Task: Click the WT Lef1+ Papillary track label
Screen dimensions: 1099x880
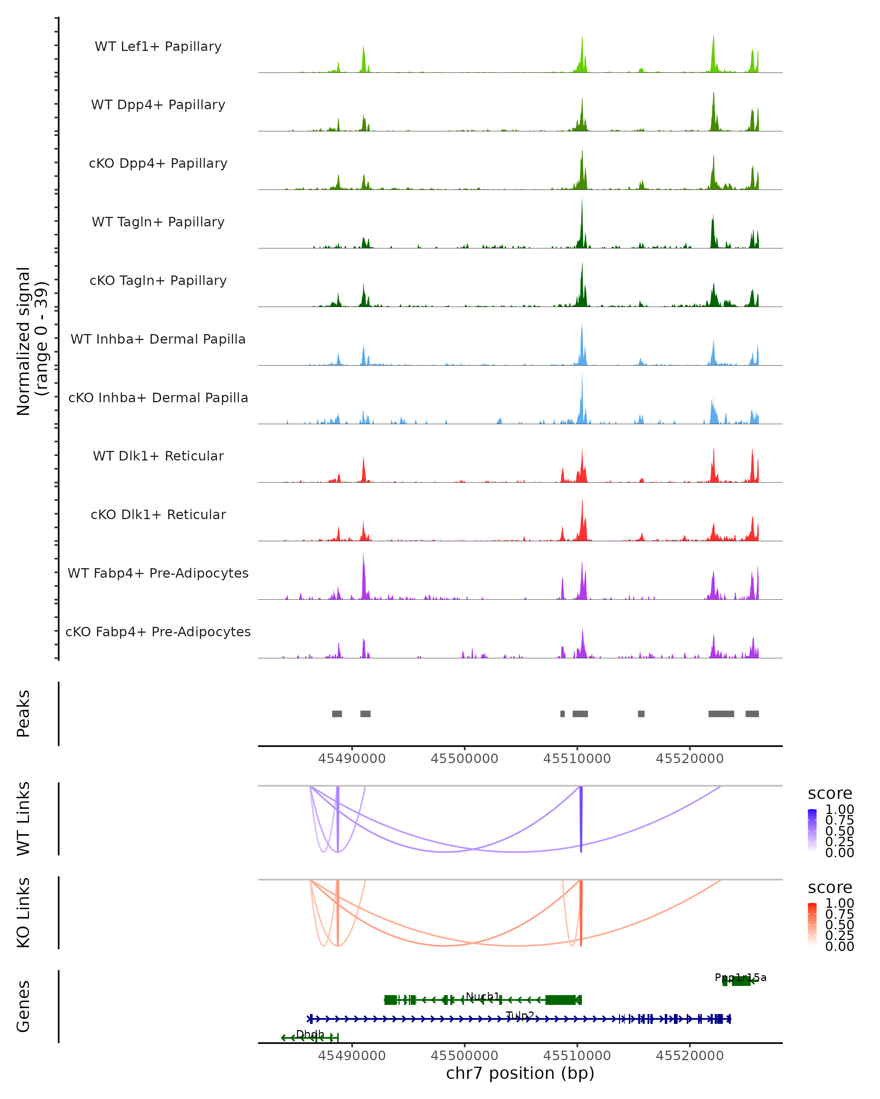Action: pyautogui.click(x=158, y=47)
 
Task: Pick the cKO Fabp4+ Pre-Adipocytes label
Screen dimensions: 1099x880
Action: pyautogui.click(x=158, y=632)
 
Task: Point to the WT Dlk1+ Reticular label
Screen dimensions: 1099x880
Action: pyautogui.click(x=158, y=456)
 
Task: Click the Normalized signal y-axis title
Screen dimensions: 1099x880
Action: pyautogui.click(x=32, y=341)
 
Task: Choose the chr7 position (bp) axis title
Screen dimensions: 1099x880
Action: pyautogui.click(x=520, y=1073)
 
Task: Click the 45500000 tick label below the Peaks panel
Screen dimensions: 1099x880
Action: pyautogui.click(x=464, y=759)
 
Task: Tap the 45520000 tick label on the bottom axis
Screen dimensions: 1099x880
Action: pyautogui.click(x=690, y=1055)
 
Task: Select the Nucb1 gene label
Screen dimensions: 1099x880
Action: pyautogui.click(x=483, y=996)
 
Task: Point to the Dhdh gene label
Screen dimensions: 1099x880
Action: pyautogui.click(x=310, y=1034)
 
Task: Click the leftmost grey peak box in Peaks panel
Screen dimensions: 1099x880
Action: pyautogui.click(x=337, y=714)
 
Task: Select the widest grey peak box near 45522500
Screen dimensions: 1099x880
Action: pyautogui.click(x=721, y=714)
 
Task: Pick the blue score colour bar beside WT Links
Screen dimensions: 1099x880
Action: pyautogui.click(x=812, y=830)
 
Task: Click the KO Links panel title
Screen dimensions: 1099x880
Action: pyautogui.click(x=23, y=913)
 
